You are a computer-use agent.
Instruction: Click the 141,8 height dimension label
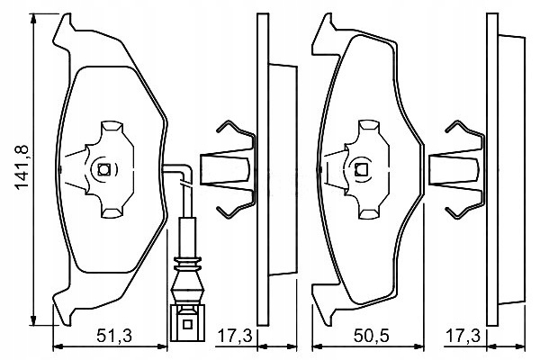[x=21, y=167]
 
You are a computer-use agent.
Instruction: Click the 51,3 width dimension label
[x=114, y=336]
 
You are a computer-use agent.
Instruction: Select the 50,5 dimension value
[x=371, y=336]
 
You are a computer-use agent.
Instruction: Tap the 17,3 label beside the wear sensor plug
[x=235, y=336]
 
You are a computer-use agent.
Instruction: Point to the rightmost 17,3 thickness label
[x=463, y=336]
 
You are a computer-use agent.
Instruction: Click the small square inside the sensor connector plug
[x=187, y=324]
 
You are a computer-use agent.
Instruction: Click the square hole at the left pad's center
[x=103, y=169]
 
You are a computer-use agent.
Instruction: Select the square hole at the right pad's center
[x=361, y=169]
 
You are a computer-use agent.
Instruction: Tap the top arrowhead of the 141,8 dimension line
[x=33, y=19]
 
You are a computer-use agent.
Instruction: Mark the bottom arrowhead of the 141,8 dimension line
[x=33, y=320]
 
